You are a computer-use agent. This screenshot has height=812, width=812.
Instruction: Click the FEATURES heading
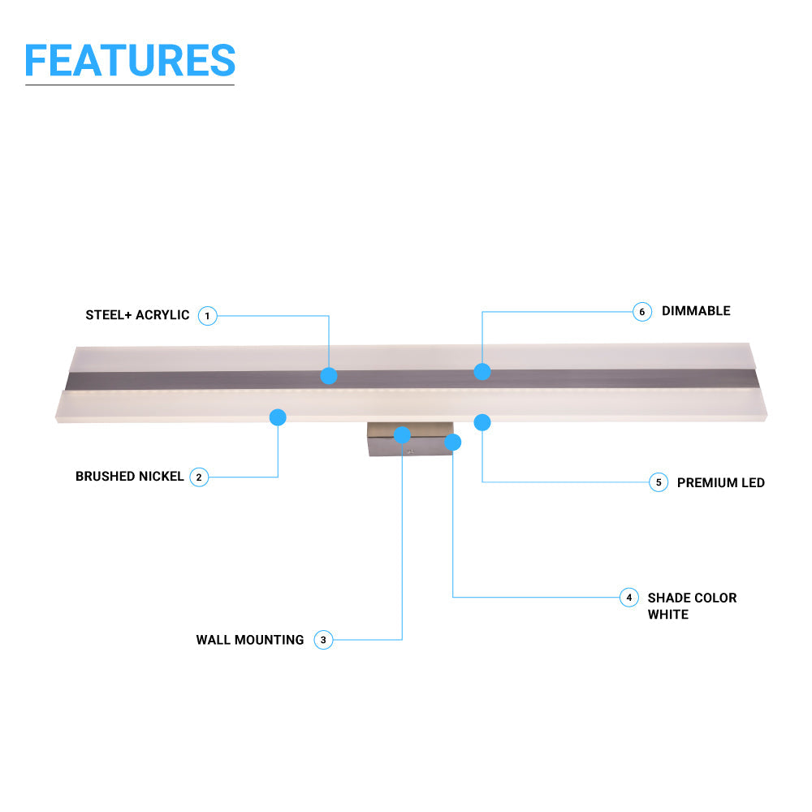[130, 60]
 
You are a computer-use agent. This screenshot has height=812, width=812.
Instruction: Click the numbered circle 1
[208, 315]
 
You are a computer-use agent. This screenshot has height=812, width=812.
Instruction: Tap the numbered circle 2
[199, 477]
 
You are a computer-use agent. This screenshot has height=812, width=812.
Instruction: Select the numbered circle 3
[323, 640]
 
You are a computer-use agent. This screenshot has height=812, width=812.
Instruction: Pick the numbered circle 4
[628, 598]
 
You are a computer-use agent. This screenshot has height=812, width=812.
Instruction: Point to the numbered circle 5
[659, 482]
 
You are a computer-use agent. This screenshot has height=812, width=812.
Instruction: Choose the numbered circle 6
[642, 312]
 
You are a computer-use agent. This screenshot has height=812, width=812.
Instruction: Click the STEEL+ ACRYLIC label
[137, 315]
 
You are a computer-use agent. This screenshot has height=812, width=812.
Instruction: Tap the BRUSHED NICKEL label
[130, 477]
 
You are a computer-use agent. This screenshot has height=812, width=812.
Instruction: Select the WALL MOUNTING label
[250, 640]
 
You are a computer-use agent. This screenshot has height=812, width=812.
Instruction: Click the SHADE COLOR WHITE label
[692, 606]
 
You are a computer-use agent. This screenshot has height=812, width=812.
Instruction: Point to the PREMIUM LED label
[721, 482]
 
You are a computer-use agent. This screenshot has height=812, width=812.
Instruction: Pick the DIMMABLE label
[696, 311]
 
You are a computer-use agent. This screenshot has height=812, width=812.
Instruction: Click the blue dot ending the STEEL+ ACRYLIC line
[329, 376]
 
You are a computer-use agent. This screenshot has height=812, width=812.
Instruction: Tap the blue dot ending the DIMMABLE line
[482, 371]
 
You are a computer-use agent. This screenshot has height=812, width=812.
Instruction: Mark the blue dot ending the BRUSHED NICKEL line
[278, 417]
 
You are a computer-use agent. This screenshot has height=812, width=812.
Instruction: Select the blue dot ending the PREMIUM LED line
[482, 422]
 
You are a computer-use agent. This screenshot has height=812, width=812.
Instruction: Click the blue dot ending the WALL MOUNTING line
[402, 435]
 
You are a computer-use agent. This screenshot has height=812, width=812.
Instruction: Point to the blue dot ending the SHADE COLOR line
[453, 443]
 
